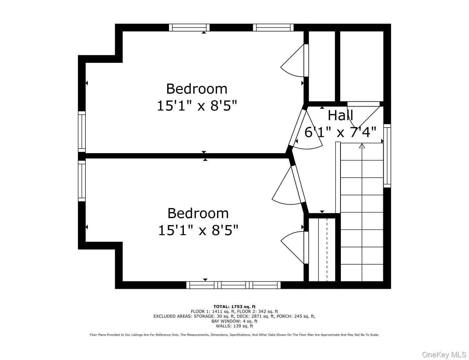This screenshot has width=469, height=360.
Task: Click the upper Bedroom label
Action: pyautogui.click(x=196, y=89)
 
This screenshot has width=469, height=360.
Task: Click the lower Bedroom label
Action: pyautogui.click(x=198, y=213)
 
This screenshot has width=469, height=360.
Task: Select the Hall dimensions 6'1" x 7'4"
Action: pyautogui.click(x=341, y=132)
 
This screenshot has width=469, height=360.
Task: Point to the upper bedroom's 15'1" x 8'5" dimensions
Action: pyautogui.click(x=197, y=106)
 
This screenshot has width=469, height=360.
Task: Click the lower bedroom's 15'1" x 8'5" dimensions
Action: pyautogui.click(x=198, y=230)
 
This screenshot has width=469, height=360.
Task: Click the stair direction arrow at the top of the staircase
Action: pyautogui.click(x=362, y=146)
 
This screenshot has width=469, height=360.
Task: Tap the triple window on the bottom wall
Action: pyautogui.click(x=233, y=285)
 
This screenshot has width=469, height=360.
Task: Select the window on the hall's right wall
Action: pyautogui.click(x=387, y=156)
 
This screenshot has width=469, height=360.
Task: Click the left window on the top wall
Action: pyautogui.click(x=189, y=28)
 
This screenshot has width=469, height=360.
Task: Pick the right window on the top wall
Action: pyautogui.click(x=273, y=28)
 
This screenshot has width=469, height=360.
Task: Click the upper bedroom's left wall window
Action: pyautogui.click(x=82, y=132)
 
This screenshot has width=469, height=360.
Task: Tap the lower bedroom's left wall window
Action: pyautogui.click(x=82, y=181)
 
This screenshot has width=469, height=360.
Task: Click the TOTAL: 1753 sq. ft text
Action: pyautogui.click(x=234, y=307)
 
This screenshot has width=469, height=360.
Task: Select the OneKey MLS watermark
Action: pyautogui.click(x=444, y=354)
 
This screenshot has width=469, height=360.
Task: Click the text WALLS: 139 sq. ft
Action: pyautogui.click(x=234, y=326)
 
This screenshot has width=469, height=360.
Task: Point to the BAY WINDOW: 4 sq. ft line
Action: pyautogui.click(x=234, y=321)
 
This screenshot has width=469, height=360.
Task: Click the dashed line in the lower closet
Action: pyautogui.click(x=327, y=250)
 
